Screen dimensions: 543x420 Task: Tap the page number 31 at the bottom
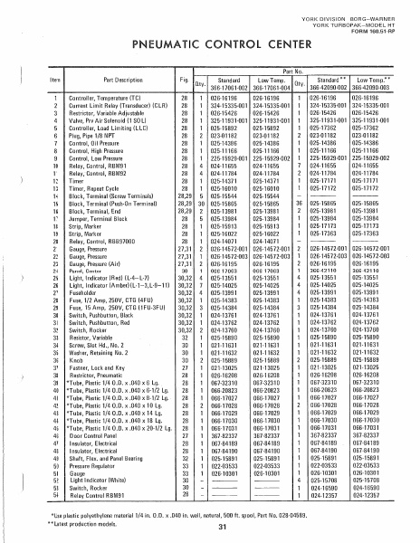211,529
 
